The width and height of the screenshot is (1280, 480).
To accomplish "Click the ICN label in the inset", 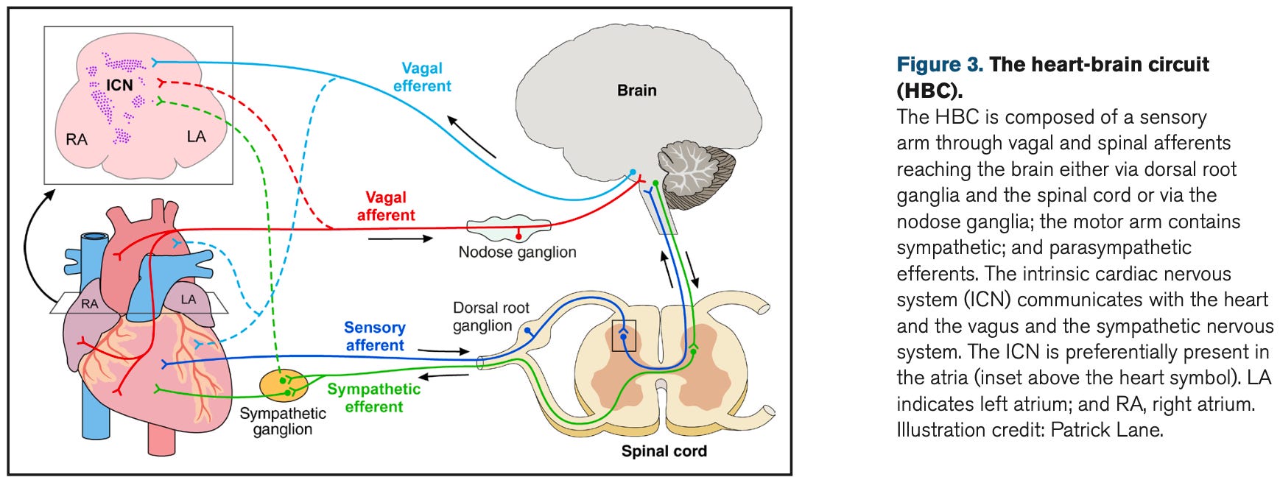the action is (x=119, y=85).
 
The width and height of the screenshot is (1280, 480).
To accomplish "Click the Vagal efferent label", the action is (x=422, y=77).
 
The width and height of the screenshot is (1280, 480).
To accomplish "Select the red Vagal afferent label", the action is (x=386, y=206).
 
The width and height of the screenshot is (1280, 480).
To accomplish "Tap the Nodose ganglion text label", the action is (x=517, y=252).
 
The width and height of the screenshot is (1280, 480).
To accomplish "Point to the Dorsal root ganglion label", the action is (x=491, y=317).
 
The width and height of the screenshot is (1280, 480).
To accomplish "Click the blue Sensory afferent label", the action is (x=375, y=336).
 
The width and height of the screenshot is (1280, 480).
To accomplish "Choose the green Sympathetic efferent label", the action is (x=374, y=398).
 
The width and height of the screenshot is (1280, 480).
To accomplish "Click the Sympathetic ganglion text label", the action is (x=283, y=422).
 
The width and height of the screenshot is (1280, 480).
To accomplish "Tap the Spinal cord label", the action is (x=664, y=451).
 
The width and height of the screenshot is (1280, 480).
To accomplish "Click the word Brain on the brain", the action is (x=637, y=90).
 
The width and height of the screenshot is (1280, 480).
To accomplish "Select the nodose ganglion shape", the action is (x=509, y=229).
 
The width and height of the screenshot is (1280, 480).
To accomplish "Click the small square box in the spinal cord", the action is (x=624, y=336).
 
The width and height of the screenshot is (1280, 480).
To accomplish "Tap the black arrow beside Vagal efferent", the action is (x=471, y=136).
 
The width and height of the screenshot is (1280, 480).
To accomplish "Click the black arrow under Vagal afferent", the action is (x=401, y=239).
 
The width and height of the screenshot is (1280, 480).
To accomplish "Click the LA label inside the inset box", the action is (x=196, y=136).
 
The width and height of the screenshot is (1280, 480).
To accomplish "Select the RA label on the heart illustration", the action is (x=89, y=303).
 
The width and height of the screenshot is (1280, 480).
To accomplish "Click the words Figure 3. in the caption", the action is (x=940, y=65).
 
